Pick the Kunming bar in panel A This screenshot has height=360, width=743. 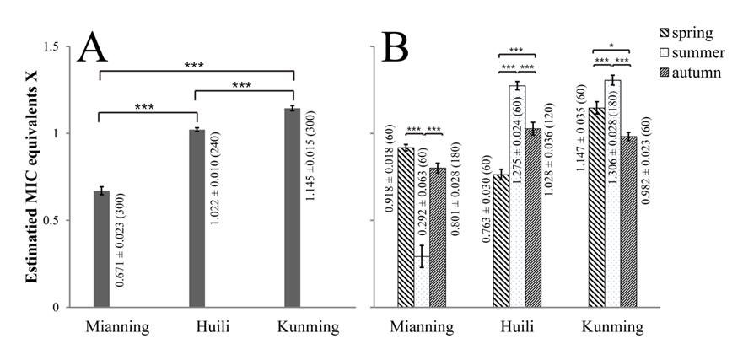(x=293, y=207)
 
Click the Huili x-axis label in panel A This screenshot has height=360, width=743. (x=197, y=325)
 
